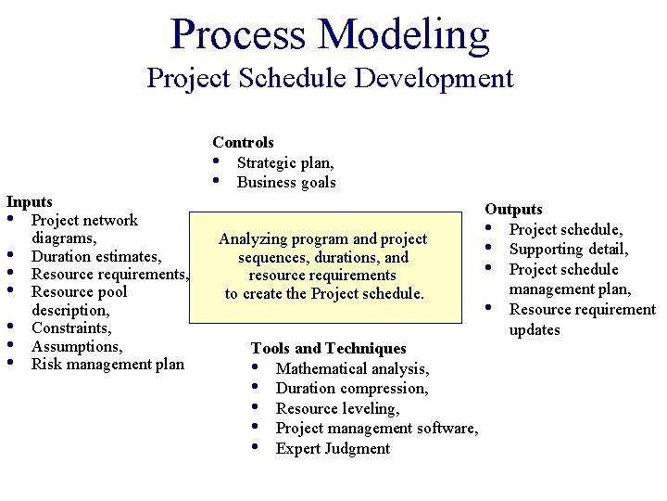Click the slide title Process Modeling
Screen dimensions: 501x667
pyautogui.click(x=330, y=34)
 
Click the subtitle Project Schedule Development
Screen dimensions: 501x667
pyautogui.click(x=330, y=77)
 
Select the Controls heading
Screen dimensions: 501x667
pyautogui.click(x=243, y=142)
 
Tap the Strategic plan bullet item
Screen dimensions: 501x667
pyautogui.click(x=285, y=162)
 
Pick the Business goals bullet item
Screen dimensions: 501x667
pyautogui.click(x=286, y=182)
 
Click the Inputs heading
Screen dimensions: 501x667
pyautogui.click(x=30, y=201)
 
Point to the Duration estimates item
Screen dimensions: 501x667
pyautogui.click(x=96, y=256)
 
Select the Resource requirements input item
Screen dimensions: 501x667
pyautogui.click(x=110, y=274)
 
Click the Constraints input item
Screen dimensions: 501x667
pyautogui.click(x=71, y=328)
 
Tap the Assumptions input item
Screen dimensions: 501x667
pyautogui.click(x=77, y=346)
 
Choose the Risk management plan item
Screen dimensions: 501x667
pyautogui.click(x=107, y=364)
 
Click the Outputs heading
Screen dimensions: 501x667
pyautogui.click(x=514, y=210)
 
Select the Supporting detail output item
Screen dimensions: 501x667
pyautogui.click(x=569, y=250)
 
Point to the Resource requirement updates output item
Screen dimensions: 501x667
pyautogui.click(x=581, y=320)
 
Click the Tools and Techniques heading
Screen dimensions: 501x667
pyautogui.click(x=328, y=348)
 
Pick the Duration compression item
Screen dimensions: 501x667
pyautogui.click(x=352, y=389)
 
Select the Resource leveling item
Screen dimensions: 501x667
pyautogui.click(x=337, y=408)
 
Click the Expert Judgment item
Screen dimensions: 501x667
pyautogui.click(x=333, y=448)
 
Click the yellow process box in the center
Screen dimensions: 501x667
pyautogui.click(x=324, y=267)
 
